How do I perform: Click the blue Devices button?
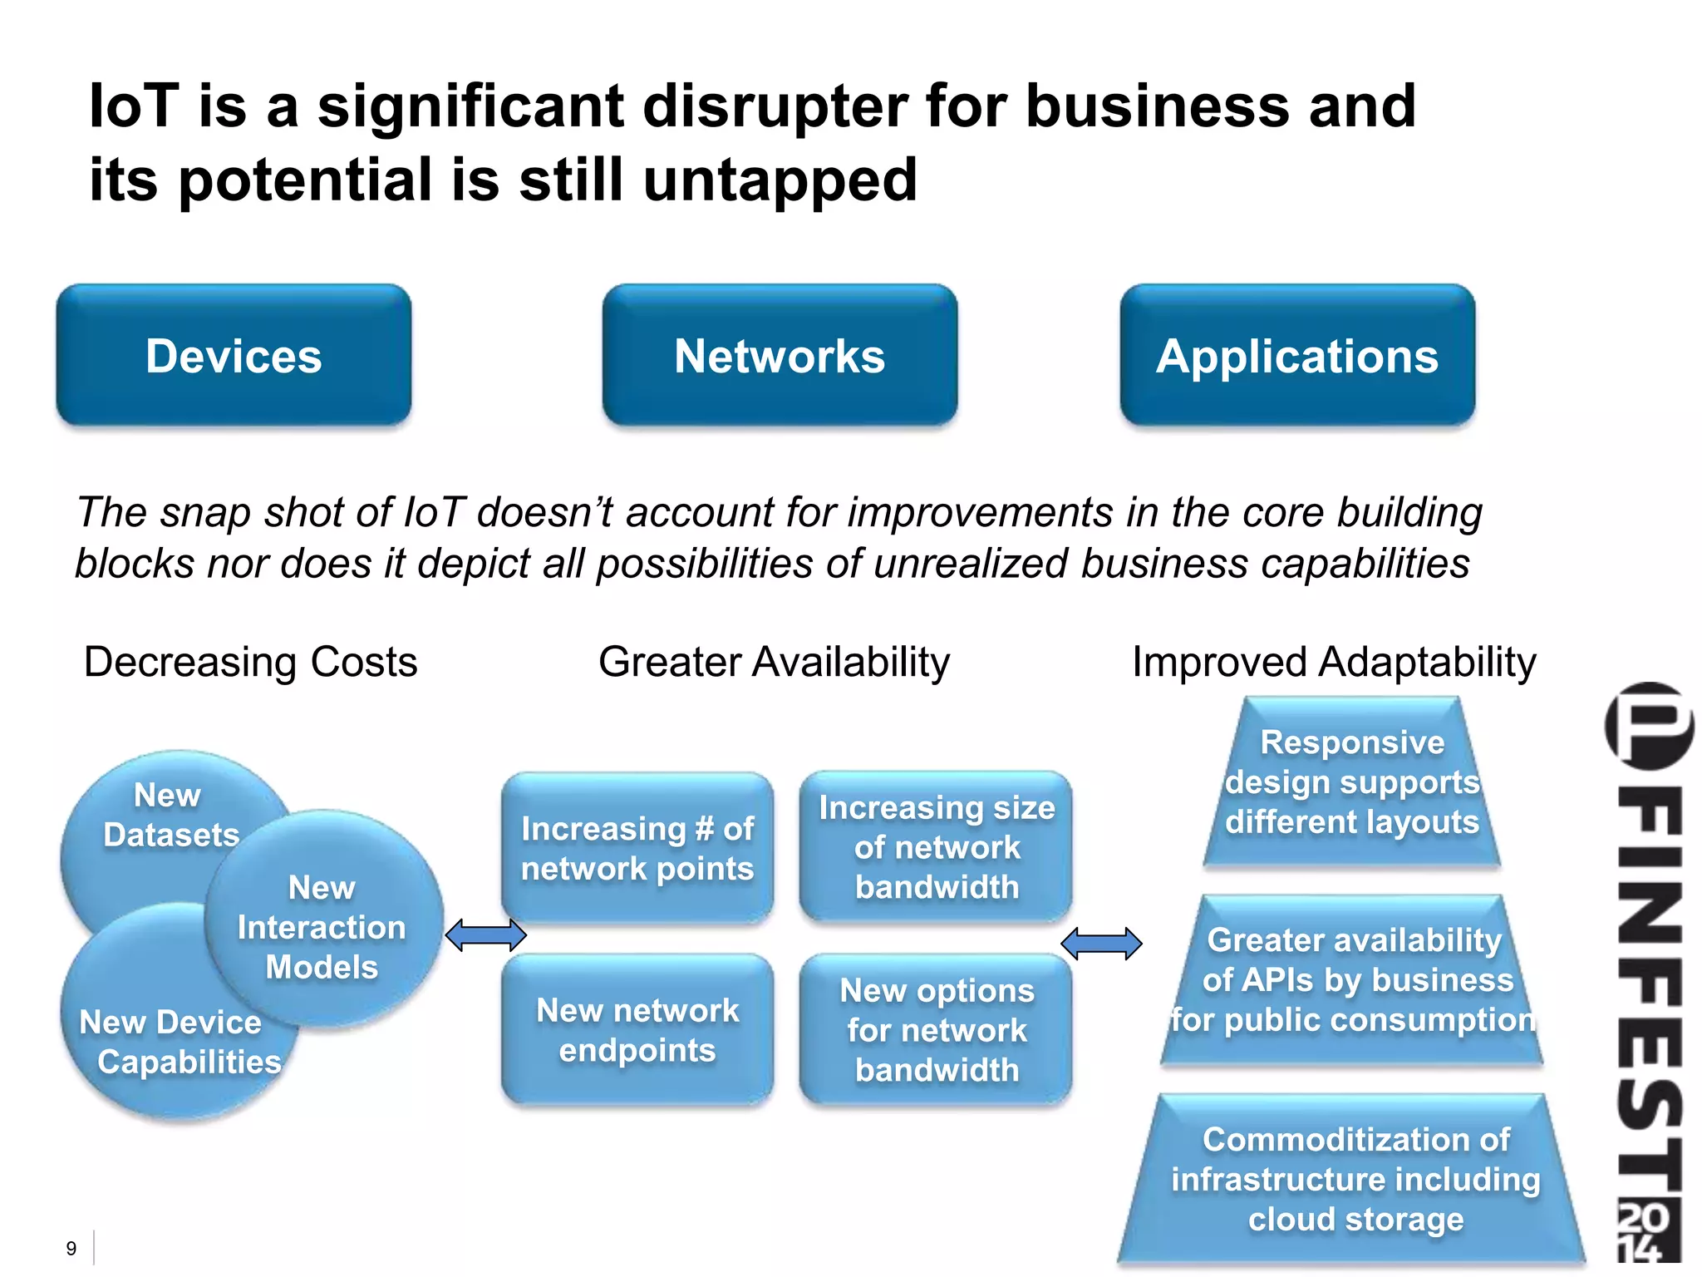[x=234, y=356]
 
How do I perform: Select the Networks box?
[x=780, y=356]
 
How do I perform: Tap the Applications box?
[x=1297, y=356]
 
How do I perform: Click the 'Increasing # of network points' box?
[x=637, y=848]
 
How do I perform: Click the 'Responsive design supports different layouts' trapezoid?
[x=1352, y=782]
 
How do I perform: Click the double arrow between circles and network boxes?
[x=486, y=935]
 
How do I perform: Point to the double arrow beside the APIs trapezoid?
[x=1102, y=944]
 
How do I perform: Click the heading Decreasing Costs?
[x=251, y=662]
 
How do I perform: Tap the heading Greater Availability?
[x=774, y=662]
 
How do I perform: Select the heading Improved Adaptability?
[x=1334, y=662]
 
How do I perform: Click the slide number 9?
[x=71, y=1248]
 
